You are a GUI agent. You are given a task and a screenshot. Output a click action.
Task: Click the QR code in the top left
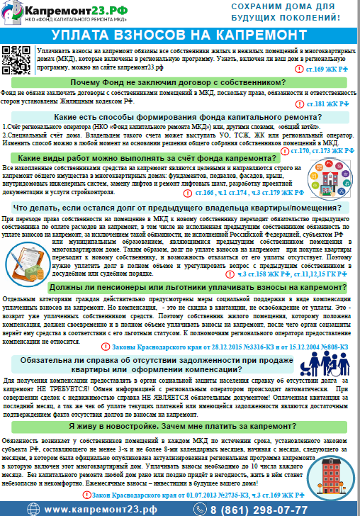(16, 55)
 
